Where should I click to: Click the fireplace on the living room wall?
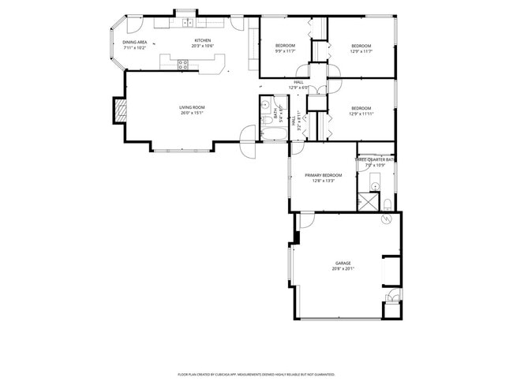click(119, 110)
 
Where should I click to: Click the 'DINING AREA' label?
click(134, 42)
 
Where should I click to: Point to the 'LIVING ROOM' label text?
click(191, 107)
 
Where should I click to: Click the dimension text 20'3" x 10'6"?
click(203, 47)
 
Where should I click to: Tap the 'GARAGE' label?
click(343, 264)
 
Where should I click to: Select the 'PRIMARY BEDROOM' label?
click(324, 174)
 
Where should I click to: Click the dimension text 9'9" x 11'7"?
click(285, 51)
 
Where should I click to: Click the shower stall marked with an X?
click(367, 202)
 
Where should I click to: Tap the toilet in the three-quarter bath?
click(388, 204)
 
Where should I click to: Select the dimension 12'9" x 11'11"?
click(361, 114)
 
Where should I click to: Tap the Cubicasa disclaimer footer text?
click(256, 375)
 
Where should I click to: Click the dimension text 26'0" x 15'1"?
click(191, 113)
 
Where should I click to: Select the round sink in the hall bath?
click(267, 104)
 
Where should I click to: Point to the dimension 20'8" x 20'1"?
click(343, 269)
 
